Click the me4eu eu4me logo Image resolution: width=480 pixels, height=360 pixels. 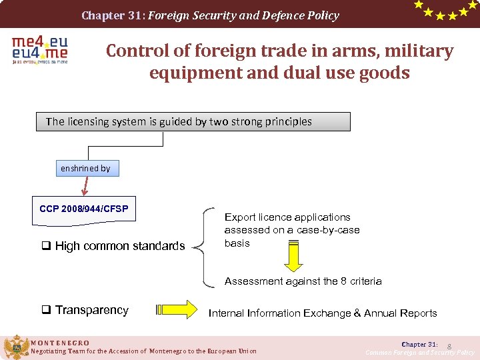39,50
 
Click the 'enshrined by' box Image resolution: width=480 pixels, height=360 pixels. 85,169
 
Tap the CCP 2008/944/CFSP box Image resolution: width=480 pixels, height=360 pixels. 83,209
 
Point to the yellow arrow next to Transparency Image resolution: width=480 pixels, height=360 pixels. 178,310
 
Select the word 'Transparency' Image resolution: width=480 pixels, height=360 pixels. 92,310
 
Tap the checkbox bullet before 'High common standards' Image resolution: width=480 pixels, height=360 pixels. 47,246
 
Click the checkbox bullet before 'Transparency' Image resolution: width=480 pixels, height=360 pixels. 47,310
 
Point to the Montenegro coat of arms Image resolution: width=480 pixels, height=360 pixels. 16,347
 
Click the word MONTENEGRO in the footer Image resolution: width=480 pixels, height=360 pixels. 60,343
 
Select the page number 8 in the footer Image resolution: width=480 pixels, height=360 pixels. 449,346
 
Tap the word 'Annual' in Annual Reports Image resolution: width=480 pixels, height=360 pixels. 380,313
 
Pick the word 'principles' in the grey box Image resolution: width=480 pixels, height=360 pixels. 287,121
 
